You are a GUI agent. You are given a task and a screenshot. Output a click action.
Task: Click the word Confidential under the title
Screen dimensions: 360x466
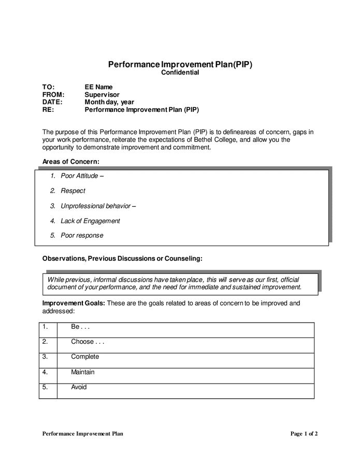point(180,73)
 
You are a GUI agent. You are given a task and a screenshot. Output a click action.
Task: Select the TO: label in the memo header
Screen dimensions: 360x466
point(48,87)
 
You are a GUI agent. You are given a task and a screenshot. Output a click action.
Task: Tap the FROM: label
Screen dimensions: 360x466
point(53,95)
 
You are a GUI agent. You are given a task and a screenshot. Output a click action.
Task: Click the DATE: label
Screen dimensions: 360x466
point(52,102)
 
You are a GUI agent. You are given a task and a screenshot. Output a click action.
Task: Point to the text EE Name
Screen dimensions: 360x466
point(98,87)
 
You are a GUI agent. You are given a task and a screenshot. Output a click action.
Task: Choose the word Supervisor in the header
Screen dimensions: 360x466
point(102,95)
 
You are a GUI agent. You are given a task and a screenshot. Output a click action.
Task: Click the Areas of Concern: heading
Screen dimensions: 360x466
point(70,162)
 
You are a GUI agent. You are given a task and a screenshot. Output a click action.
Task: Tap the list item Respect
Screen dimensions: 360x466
point(73,191)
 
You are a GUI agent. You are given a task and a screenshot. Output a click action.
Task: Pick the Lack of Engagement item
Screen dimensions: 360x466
point(90,221)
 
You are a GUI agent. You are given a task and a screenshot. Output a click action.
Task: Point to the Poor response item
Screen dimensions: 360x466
point(82,236)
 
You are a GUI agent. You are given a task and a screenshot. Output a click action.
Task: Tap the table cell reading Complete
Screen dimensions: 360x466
point(85,357)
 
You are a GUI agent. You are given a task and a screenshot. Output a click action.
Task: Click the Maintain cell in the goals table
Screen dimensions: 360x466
point(83,372)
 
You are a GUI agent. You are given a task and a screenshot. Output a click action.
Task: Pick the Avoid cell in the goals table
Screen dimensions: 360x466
point(79,387)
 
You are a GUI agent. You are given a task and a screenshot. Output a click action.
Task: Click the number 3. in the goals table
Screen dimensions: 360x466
point(46,357)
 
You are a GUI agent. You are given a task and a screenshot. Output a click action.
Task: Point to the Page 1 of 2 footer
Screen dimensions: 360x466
point(304,434)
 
